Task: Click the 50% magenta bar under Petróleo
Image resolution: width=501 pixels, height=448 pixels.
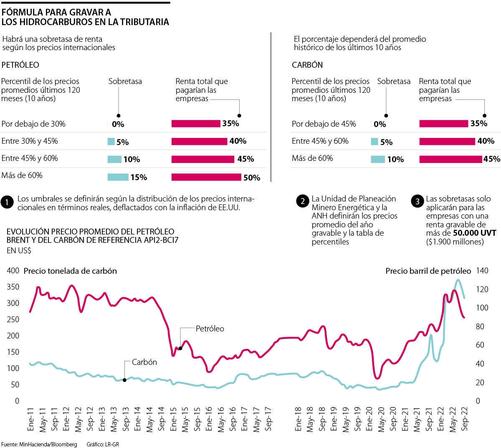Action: (x=206, y=177)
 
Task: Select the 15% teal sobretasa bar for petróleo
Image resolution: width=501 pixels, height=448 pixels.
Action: (x=118, y=177)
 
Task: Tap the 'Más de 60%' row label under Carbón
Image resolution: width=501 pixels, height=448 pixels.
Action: (x=312, y=158)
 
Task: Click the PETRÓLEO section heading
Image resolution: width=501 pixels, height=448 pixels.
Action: (x=20, y=65)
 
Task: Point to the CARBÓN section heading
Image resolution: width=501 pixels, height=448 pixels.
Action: (x=307, y=65)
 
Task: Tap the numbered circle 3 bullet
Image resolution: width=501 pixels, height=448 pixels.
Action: (x=417, y=201)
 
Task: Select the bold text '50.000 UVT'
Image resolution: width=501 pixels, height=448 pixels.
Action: (x=474, y=233)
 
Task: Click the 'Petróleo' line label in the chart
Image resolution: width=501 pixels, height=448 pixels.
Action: (x=210, y=329)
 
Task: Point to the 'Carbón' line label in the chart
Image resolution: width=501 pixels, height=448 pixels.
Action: (x=144, y=362)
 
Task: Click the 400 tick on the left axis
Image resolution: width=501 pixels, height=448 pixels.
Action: (x=13, y=271)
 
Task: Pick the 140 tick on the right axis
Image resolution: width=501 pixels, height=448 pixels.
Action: (x=482, y=271)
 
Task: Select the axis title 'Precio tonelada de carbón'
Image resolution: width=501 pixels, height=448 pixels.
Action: (x=70, y=271)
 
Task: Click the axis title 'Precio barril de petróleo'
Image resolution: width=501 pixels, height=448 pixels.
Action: (x=428, y=271)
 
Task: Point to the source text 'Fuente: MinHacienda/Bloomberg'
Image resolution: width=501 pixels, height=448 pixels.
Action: (x=39, y=444)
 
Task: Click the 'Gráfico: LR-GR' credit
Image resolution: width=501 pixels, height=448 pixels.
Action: (x=103, y=444)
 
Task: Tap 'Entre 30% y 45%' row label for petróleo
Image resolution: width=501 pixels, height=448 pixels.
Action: (x=30, y=141)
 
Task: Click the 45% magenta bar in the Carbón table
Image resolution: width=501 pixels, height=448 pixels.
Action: (x=450, y=159)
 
